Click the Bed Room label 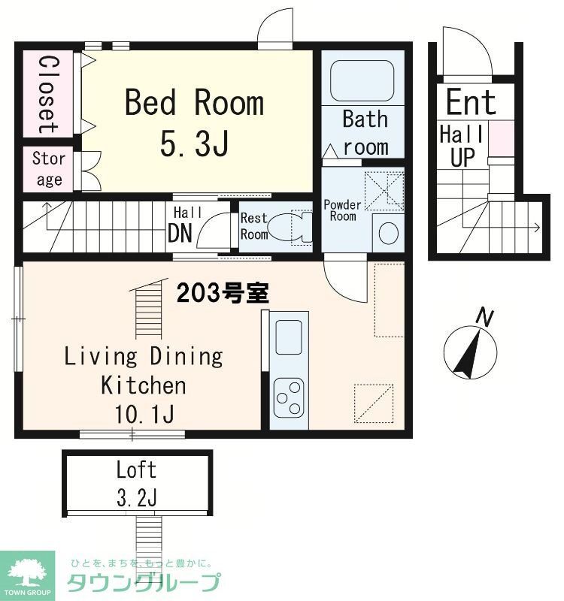194,122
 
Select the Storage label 48,170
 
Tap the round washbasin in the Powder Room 388,234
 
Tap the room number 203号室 223,294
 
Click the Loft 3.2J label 136,483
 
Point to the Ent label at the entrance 471,102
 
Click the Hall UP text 462,146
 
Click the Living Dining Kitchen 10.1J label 143,384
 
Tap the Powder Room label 342,210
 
